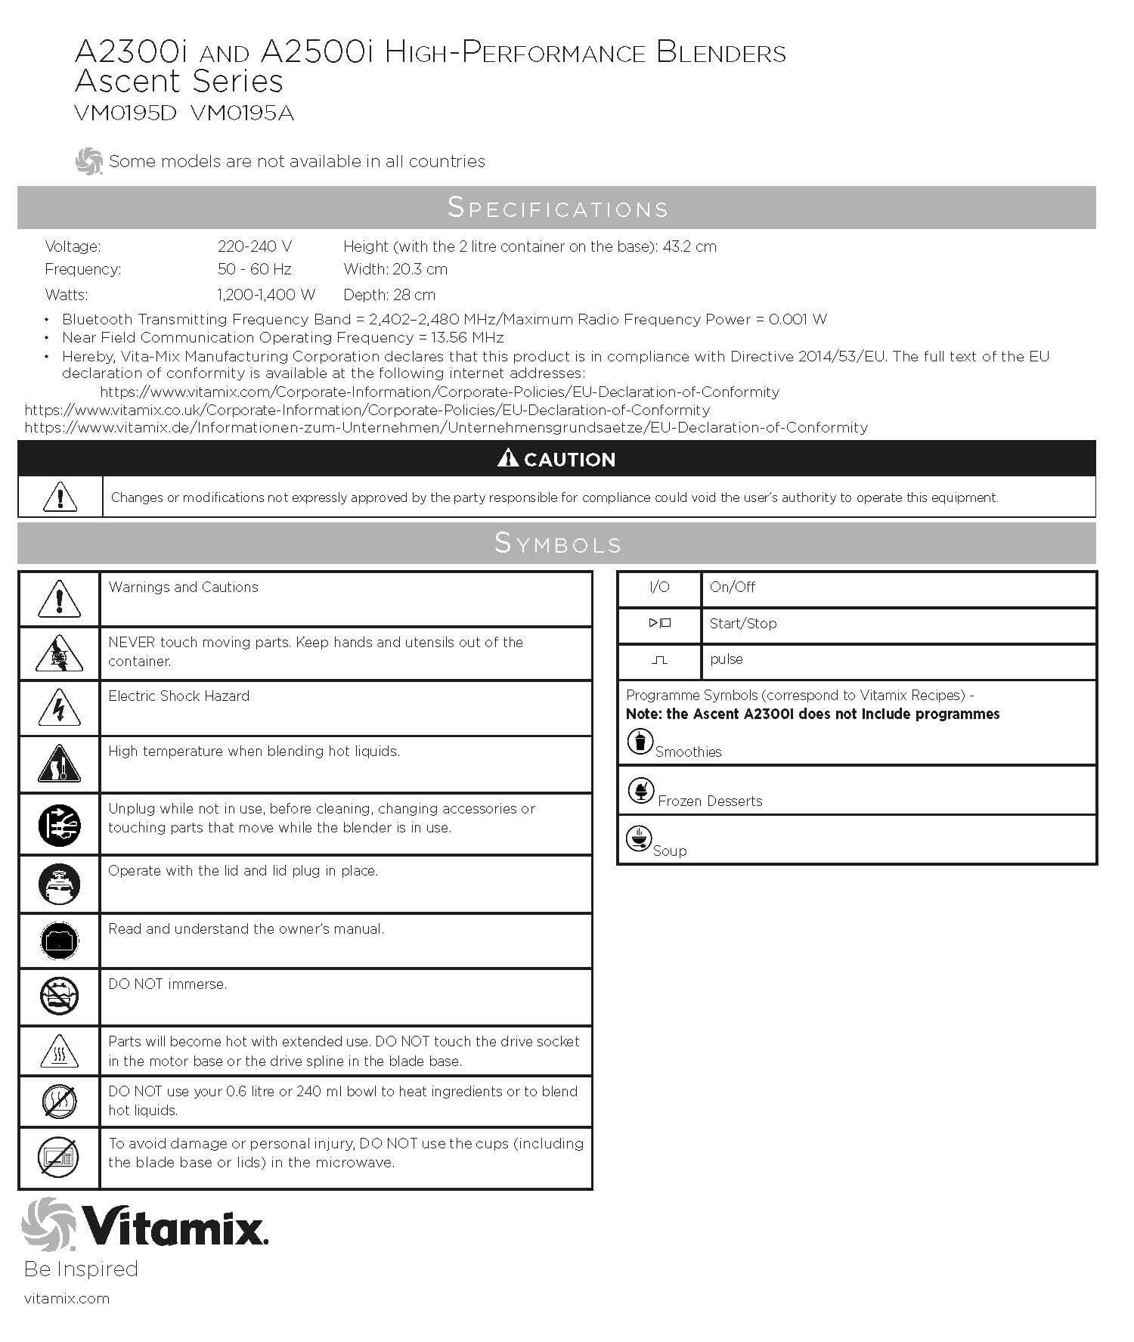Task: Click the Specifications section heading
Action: click(557, 208)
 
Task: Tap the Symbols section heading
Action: click(557, 543)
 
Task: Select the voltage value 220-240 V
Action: click(254, 246)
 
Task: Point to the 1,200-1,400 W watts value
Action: click(265, 295)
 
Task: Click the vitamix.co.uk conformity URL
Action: click(367, 410)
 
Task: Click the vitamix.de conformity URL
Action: click(446, 428)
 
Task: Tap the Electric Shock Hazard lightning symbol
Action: click(59, 708)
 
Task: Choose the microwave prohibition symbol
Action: click(59, 1157)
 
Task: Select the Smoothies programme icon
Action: click(640, 741)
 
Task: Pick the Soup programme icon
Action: click(639, 838)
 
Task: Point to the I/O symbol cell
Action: click(659, 587)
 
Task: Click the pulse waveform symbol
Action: click(659, 660)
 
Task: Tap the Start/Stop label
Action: click(742, 624)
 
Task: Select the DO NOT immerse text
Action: click(167, 984)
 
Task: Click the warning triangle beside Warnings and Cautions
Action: click(59, 599)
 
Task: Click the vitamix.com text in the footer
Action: click(67, 1299)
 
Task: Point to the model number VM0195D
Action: click(125, 114)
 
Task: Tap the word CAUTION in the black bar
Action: click(569, 460)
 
